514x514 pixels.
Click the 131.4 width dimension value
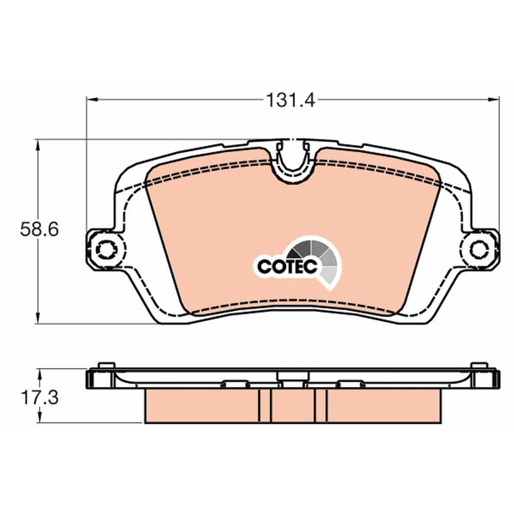click(x=290, y=100)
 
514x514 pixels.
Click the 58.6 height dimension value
click(x=40, y=229)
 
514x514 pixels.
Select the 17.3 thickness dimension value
click(x=40, y=398)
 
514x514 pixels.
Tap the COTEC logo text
click(x=287, y=266)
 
